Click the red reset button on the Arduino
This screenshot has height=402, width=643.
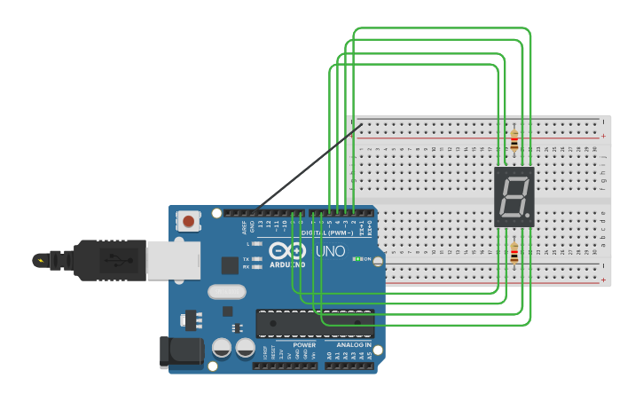pyautogui.click(x=188, y=220)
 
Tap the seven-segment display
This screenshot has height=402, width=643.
pyautogui.click(x=514, y=196)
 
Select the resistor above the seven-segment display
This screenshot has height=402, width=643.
pyautogui.click(x=514, y=140)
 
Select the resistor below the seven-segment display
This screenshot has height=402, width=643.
pyautogui.click(x=514, y=255)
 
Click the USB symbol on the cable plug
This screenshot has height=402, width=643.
pyautogui.click(x=113, y=260)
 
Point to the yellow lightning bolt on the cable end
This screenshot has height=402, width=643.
pyautogui.click(x=40, y=260)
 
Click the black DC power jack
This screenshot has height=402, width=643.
pyautogui.click(x=181, y=351)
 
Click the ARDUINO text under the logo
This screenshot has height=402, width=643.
pyautogui.click(x=287, y=264)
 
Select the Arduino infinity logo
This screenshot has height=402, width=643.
pyautogui.click(x=287, y=250)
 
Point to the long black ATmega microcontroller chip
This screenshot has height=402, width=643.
pyautogui.click(x=314, y=324)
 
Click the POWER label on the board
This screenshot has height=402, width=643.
pyautogui.click(x=304, y=344)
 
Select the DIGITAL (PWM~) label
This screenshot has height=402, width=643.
pyautogui.click(x=327, y=233)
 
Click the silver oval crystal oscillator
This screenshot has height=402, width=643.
pyautogui.click(x=227, y=291)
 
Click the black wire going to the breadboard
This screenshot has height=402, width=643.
pyautogui.click(x=306, y=169)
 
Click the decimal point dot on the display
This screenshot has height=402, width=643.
pyautogui.click(x=529, y=216)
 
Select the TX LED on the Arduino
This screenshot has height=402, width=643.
pyautogui.click(x=256, y=258)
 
